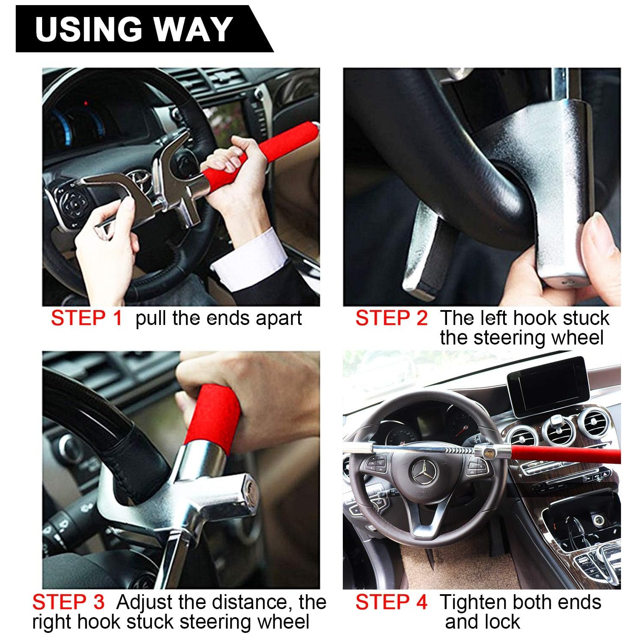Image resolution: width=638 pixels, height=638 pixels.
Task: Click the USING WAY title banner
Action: (x=134, y=29)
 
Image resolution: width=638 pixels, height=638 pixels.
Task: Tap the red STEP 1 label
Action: (x=87, y=318)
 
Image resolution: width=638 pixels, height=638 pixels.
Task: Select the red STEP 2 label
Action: (x=391, y=318)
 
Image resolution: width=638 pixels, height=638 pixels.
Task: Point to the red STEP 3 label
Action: (x=68, y=602)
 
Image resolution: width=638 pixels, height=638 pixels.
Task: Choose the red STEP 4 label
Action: (x=391, y=602)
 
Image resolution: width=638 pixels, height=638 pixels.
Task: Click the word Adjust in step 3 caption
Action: (x=145, y=602)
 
